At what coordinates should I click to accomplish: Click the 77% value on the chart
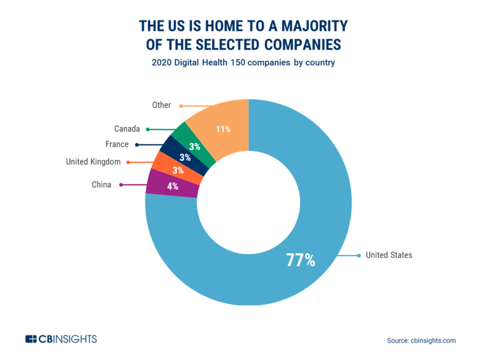pyautogui.click(x=300, y=260)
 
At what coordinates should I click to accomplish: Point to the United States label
pyautogui.click(x=388, y=255)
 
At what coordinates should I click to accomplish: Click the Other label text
pyautogui.click(x=161, y=105)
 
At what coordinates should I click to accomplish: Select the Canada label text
pyautogui.click(x=127, y=129)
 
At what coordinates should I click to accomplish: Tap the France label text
pyautogui.click(x=117, y=144)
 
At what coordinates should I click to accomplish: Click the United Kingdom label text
pyautogui.click(x=93, y=161)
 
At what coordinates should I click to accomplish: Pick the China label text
pyautogui.click(x=101, y=185)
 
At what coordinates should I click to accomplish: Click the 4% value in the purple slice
pyautogui.click(x=173, y=186)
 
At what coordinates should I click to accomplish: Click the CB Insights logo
pyautogui.click(x=61, y=339)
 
